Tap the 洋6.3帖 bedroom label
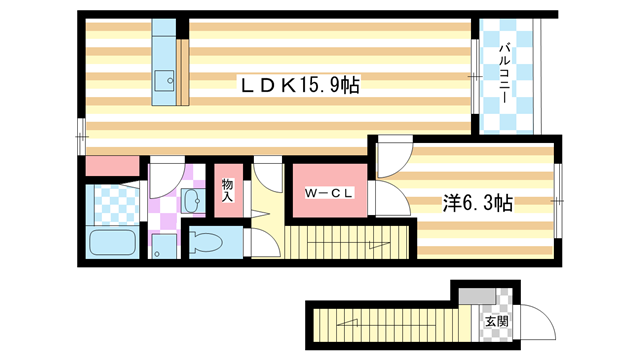click(x=478, y=204)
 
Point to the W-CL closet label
click(x=327, y=194)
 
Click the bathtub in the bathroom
click(x=112, y=243)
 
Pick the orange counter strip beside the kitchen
click(x=182, y=72)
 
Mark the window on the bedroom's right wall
click(x=560, y=201)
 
